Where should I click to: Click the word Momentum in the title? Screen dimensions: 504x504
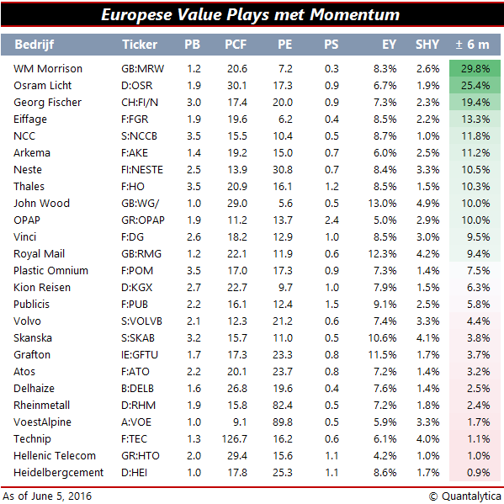click(354, 14)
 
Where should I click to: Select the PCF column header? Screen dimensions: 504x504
click(236, 45)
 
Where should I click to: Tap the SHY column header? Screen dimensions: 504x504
click(427, 45)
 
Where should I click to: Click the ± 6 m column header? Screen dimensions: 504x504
click(473, 45)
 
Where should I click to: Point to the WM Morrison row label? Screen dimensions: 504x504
click(48, 69)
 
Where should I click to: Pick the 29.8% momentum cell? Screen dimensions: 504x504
click(475, 69)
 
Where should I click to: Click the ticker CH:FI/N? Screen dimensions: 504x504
click(140, 103)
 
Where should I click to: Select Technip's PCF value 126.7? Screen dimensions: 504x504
click(234, 438)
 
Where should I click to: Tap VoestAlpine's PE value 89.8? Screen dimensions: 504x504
click(283, 422)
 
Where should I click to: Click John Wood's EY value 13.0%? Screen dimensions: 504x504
click(382, 204)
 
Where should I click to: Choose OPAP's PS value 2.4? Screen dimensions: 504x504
click(332, 220)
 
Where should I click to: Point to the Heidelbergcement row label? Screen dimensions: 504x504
click(59, 473)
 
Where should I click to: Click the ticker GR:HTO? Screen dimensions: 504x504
click(141, 456)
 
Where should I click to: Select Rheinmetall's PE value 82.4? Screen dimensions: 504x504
click(283, 406)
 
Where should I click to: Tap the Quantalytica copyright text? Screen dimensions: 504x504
click(464, 496)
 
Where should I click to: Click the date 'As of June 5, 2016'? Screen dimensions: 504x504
click(47, 496)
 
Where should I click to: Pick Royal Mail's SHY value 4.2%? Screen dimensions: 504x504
click(427, 254)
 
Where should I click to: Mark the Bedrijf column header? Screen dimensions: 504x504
click(34, 45)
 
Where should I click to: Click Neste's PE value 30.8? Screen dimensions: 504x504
click(283, 170)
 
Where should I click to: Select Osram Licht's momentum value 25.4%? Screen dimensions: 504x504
click(475, 86)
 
